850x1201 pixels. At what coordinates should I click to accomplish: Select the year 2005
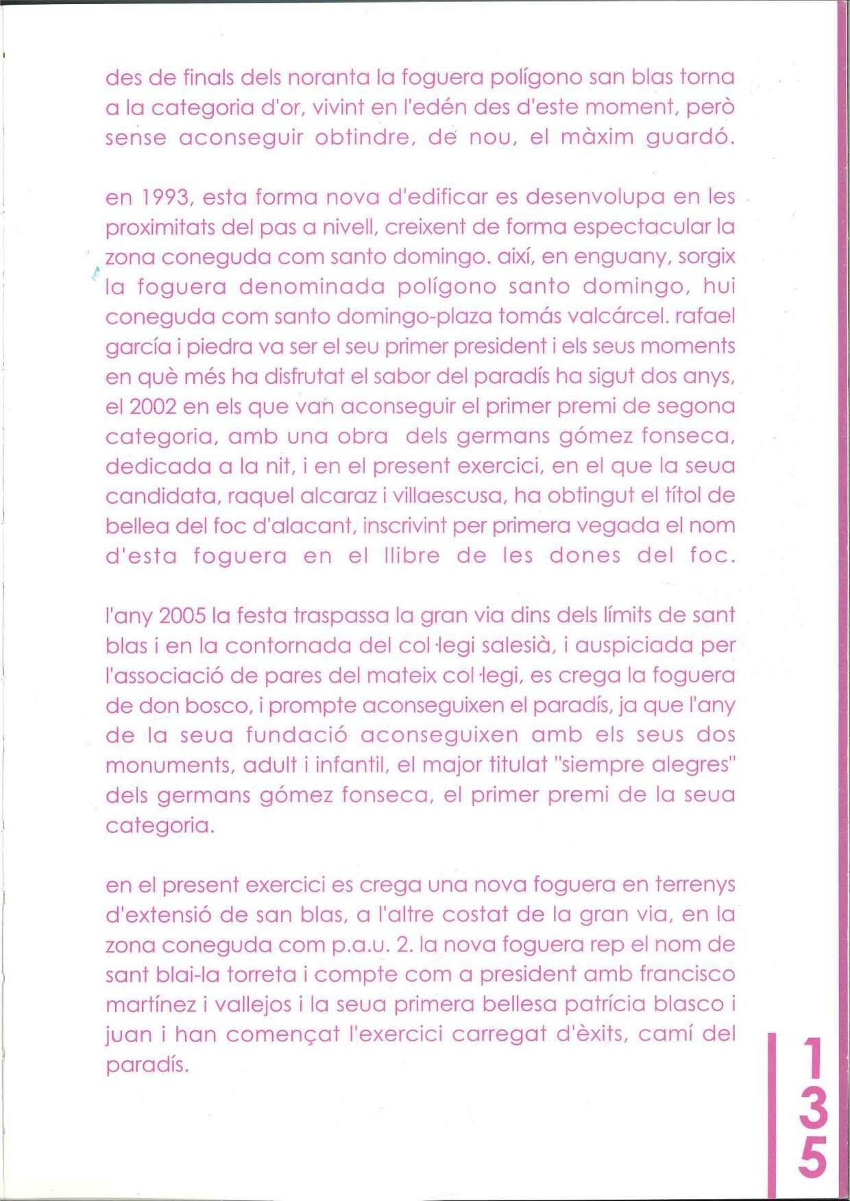coord(182,616)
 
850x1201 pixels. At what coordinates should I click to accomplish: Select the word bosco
coord(221,706)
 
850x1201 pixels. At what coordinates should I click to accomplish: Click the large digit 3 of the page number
coord(812,1108)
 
